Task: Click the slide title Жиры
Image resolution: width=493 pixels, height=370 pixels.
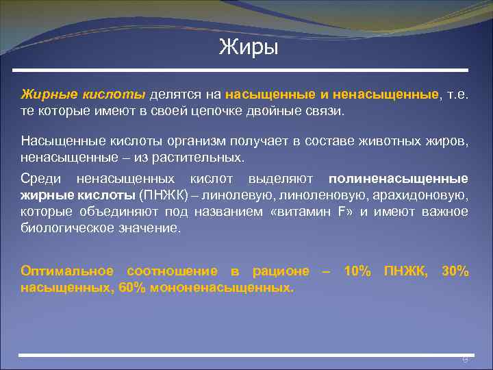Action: [x=249, y=49]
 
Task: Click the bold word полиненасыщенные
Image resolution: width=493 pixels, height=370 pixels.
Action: [x=399, y=179]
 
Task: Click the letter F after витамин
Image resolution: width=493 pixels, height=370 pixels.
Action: [x=342, y=212]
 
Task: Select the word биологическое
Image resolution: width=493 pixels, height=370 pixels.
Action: [x=63, y=228]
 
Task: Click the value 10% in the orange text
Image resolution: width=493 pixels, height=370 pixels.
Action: [x=357, y=271]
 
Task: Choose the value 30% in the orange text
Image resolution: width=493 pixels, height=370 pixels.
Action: [x=455, y=271]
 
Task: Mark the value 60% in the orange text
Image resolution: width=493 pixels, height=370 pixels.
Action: [x=132, y=288]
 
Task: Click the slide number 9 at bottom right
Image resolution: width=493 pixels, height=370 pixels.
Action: [x=464, y=359]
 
